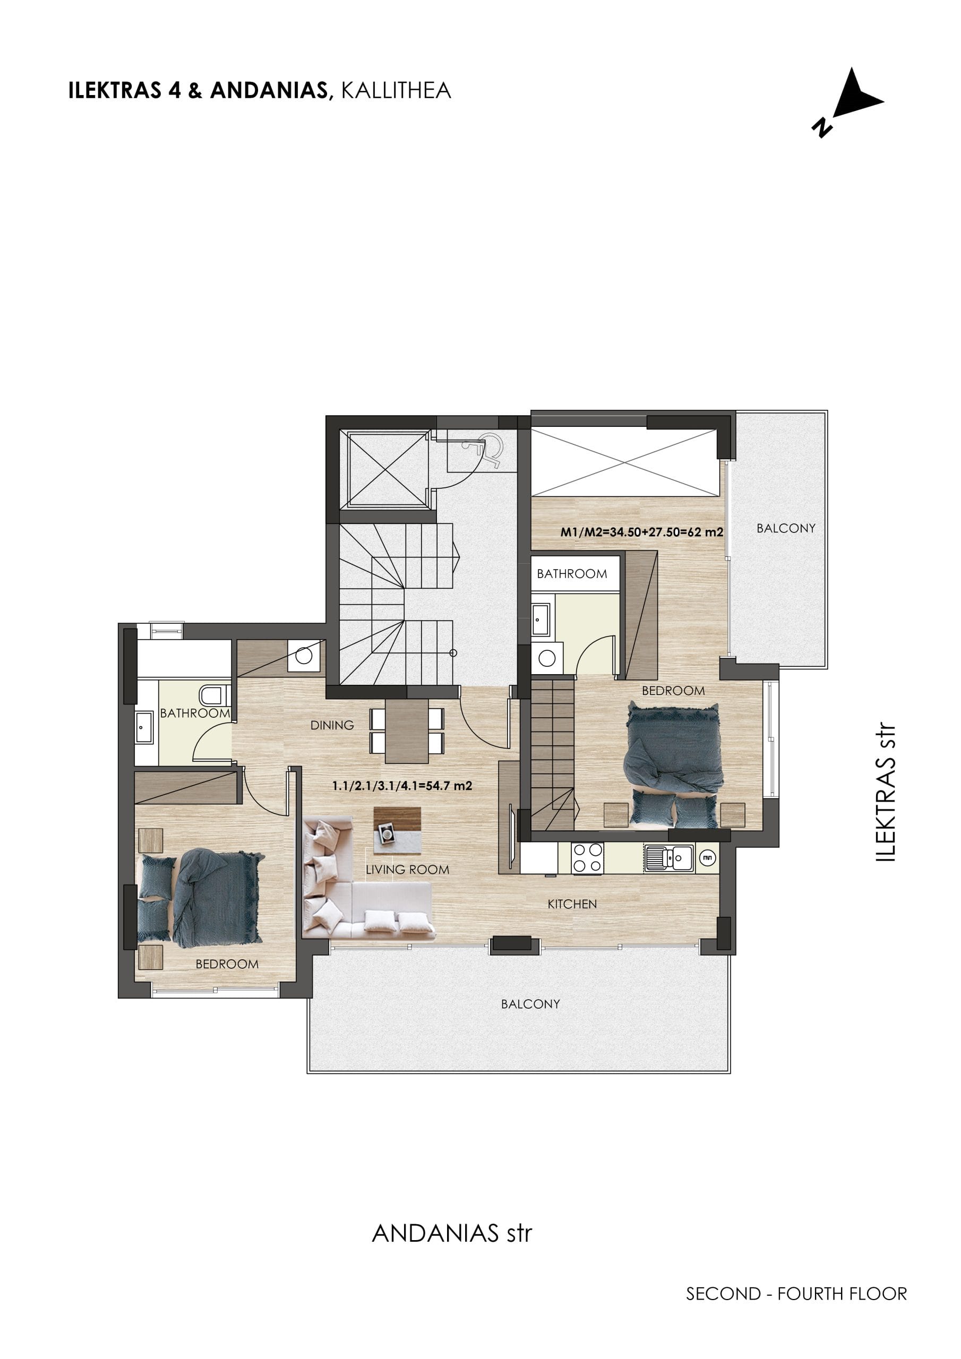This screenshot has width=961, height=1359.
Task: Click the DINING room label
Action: click(332, 725)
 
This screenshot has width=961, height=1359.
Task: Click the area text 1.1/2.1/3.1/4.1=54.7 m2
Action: click(402, 786)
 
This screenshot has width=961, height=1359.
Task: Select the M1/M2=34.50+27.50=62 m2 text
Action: click(642, 532)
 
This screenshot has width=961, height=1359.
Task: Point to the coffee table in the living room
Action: click(397, 831)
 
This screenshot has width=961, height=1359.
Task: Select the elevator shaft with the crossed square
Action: click(388, 469)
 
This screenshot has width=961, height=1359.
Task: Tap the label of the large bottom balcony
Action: click(530, 1004)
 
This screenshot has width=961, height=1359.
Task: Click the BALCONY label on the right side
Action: click(786, 528)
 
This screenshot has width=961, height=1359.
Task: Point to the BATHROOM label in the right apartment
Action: click(572, 573)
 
